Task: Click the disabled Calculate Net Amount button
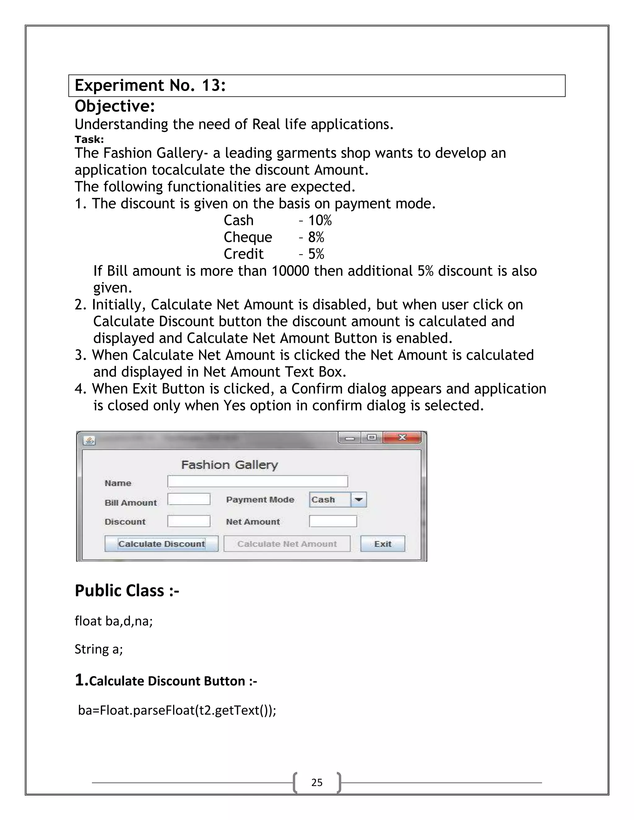[x=287, y=544]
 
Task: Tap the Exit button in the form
[x=382, y=544]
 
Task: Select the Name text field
[x=258, y=481]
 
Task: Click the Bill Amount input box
[x=189, y=499]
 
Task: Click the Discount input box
[x=189, y=521]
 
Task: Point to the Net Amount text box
[x=333, y=521]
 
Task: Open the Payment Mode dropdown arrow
[x=359, y=500]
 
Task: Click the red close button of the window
[x=402, y=438]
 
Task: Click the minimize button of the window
[x=350, y=438]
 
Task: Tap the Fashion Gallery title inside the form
[x=229, y=465]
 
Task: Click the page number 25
[x=317, y=783]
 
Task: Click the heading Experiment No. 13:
[x=150, y=86]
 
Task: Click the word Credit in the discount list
[x=243, y=254]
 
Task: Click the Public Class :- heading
[x=127, y=591]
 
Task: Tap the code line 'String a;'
[x=98, y=649]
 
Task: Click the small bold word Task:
[x=89, y=139]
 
